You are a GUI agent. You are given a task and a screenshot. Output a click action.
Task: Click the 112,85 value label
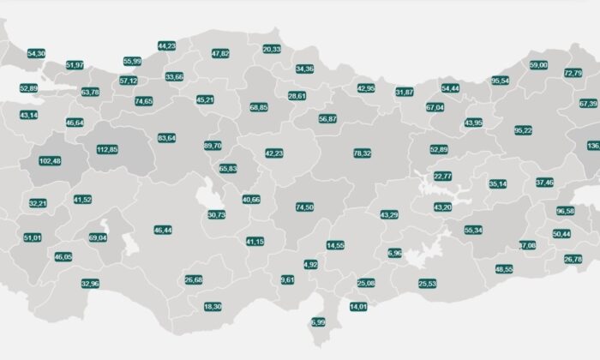(x=107, y=149)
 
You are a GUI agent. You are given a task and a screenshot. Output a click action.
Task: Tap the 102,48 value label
(x=51, y=161)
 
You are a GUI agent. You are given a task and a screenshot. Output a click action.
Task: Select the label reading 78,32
(x=362, y=153)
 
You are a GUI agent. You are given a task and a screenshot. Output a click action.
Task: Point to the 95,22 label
(x=523, y=130)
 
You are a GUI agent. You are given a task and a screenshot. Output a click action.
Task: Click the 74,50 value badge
(x=304, y=207)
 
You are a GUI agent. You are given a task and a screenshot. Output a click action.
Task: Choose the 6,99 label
(x=318, y=322)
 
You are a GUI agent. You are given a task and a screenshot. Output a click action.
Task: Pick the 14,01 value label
(x=358, y=306)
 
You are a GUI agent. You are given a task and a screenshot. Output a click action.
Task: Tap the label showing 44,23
(x=167, y=45)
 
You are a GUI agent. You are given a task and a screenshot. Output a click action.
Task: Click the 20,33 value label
(x=272, y=50)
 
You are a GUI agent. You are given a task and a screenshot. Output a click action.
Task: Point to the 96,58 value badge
(x=566, y=211)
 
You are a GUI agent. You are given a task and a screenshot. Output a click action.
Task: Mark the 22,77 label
(x=442, y=176)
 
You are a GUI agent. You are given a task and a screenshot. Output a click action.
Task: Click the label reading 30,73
(x=217, y=214)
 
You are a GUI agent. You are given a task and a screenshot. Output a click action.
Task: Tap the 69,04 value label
(x=98, y=237)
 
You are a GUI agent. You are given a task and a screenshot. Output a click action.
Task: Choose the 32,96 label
(x=90, y=283)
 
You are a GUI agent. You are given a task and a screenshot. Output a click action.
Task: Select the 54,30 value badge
(x=37, y=53)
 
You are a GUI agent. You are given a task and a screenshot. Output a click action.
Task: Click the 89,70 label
(x=213, y=146)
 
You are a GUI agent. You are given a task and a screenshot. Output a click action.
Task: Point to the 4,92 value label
(x=311, y=265)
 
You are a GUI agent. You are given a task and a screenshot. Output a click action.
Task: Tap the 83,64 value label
(x=167, y=137)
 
